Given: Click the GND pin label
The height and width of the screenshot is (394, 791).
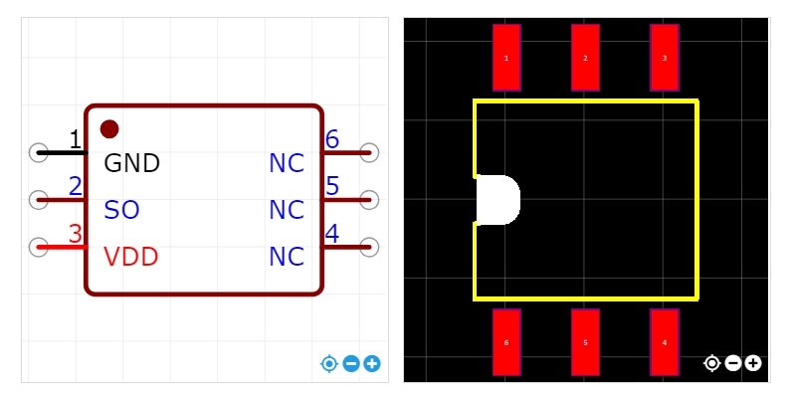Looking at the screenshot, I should (131, 162).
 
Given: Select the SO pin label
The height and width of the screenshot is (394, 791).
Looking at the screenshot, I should (121, 210).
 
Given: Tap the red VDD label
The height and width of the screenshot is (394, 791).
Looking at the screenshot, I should (131, 257).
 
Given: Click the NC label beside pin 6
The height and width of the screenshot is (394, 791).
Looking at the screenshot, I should (287, 162).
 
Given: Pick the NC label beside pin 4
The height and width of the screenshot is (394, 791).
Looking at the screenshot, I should (287, 257).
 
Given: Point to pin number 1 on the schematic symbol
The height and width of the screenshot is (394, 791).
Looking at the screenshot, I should (75, 139).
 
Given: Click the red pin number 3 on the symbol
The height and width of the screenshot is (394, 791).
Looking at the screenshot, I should (75, 234).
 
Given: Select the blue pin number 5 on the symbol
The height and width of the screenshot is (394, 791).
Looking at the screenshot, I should (332, 186).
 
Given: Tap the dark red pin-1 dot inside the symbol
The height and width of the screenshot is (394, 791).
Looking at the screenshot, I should (109, 128).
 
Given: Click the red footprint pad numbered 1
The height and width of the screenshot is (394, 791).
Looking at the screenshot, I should (506, 58).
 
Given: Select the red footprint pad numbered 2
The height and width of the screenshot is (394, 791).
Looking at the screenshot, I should (585, 58).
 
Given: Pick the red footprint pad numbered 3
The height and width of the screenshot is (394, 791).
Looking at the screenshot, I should (665, 58).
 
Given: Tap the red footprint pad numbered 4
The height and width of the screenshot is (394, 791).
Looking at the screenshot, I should (665, 342).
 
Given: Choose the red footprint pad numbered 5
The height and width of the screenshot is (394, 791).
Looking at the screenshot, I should (585, 342).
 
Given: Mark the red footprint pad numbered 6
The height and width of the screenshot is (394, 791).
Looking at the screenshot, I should (506, 342).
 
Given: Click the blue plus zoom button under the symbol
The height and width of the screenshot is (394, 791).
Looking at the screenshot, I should (372, 364).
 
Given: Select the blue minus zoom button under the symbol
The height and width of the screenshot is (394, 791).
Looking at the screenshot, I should (351, 364).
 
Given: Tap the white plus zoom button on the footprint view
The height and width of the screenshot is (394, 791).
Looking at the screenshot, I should (753, 363).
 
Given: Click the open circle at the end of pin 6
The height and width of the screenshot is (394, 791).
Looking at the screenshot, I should (369, 152).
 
